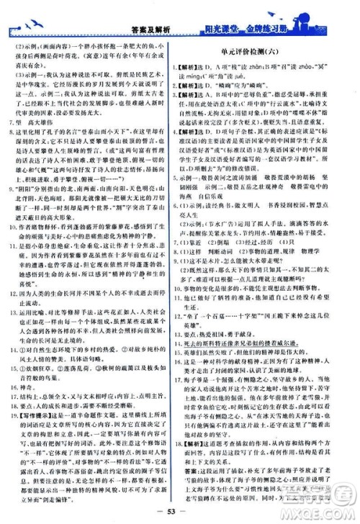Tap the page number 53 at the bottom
tap(179, 511)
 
